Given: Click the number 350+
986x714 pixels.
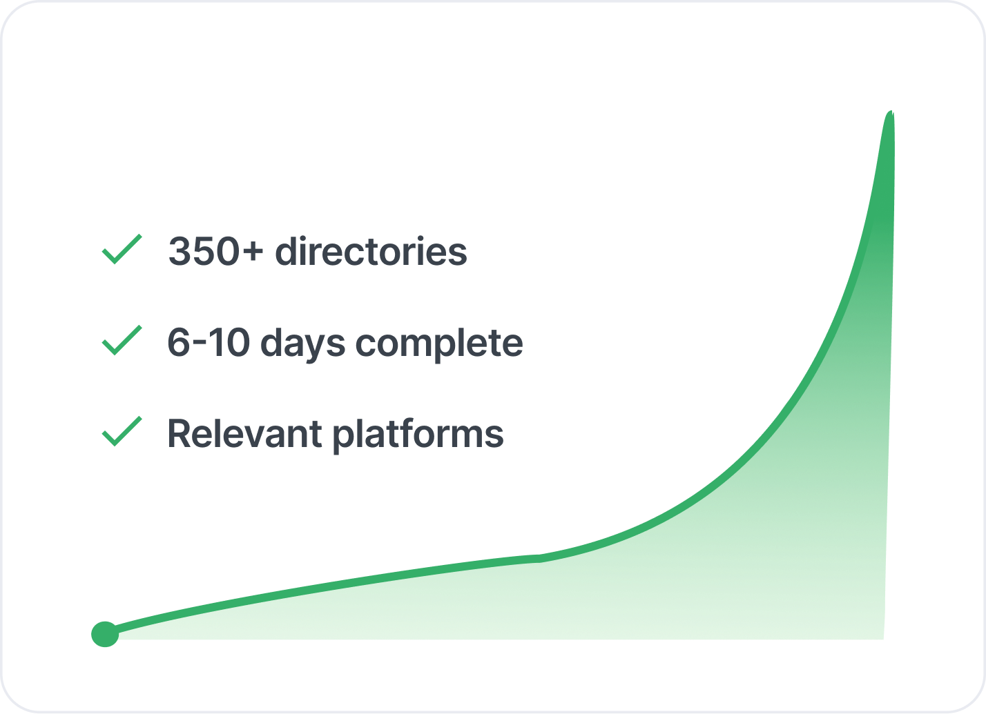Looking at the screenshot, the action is (215, 252).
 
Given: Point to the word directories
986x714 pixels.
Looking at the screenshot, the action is (371, 251).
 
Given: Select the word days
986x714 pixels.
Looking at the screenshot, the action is (303, 346).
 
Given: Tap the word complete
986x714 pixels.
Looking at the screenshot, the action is (439, 346).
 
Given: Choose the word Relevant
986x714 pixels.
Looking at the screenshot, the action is (244, 434).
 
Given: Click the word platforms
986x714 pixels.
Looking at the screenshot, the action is (418, 436).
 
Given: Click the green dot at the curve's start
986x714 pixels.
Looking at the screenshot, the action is (105, 635).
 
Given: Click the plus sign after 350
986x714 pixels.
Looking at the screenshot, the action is (253, 252).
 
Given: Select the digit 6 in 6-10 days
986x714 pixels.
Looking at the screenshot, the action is (179, 342).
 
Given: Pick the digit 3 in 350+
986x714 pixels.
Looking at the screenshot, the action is (180, 252).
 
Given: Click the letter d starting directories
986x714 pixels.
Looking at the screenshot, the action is (287, 251).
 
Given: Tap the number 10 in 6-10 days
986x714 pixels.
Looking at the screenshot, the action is (229, 342).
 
